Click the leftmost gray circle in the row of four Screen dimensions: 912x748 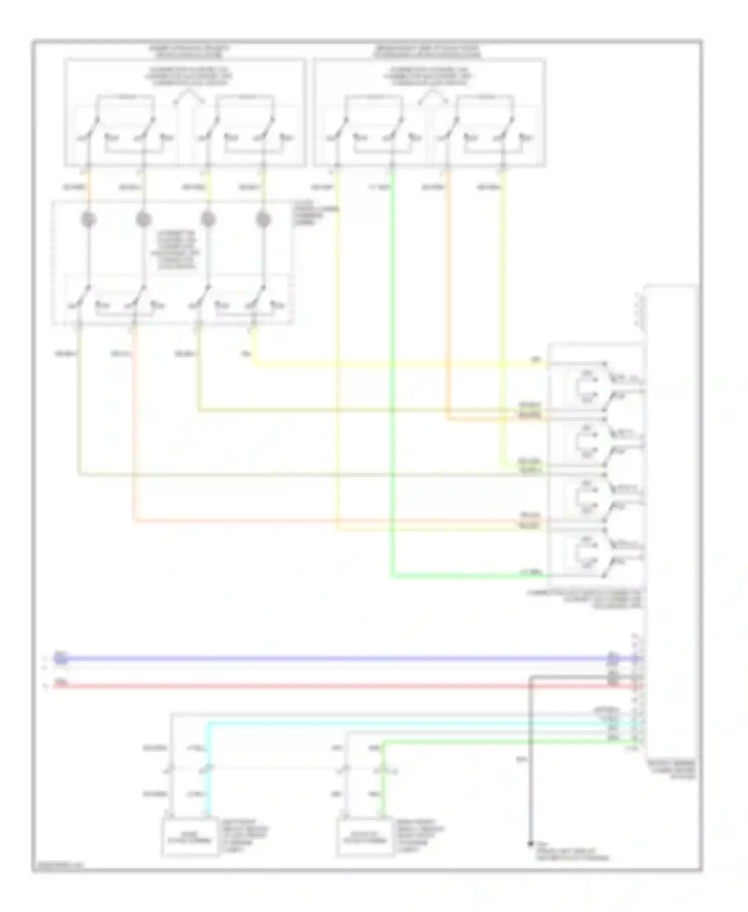[x=88, y=219]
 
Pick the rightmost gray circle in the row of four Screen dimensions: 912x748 [x=263, y=219]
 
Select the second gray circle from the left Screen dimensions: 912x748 [x=143, y=219]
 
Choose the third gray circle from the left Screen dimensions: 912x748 [x=208, y=219]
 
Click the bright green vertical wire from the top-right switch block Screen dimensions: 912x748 [x=393, y=374]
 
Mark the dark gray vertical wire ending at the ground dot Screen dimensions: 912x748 [x=530, y=758]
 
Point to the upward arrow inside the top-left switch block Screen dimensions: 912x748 [x=188, y=96]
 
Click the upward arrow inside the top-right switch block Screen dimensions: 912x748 [x=432, y=96]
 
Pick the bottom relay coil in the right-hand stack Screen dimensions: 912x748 [x=585, y=553]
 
